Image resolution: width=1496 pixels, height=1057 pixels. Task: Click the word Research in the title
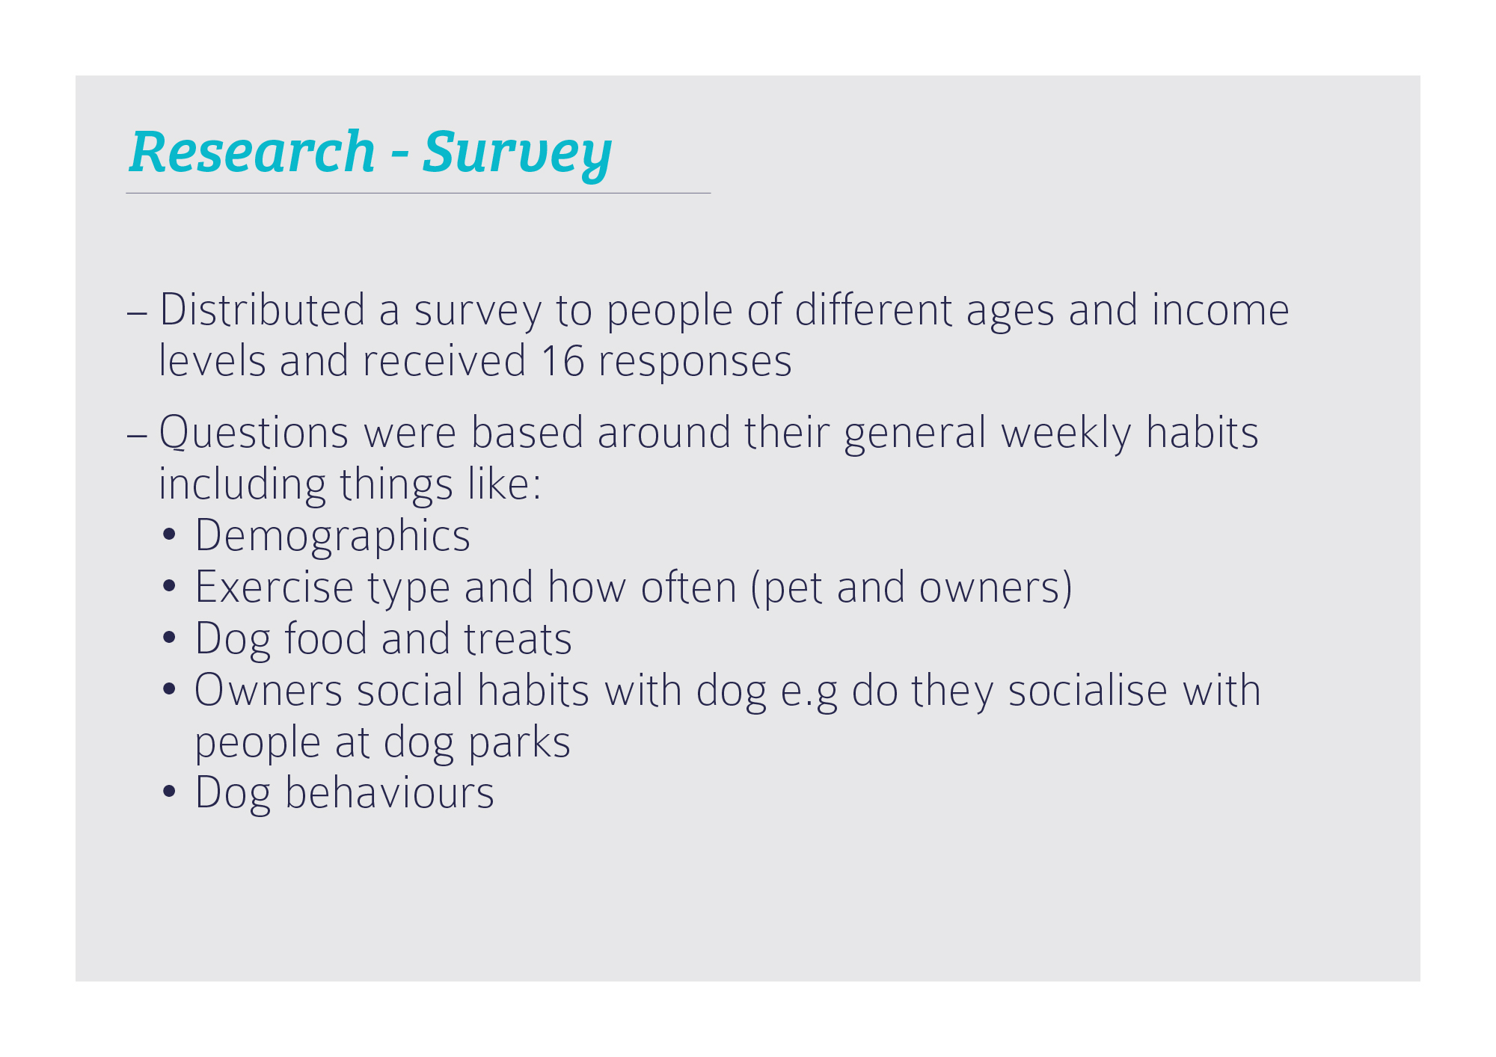click(252, 152)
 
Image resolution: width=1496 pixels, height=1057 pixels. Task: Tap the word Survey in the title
click(517, 155)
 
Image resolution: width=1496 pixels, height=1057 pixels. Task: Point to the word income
click(1221, 309)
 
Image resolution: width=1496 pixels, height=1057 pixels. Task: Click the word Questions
click(254, 433)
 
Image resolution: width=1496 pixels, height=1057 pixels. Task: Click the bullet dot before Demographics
click(169, 535)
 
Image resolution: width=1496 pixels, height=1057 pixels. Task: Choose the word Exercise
click(275, 587)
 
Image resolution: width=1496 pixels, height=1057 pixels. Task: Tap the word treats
click(518, 639)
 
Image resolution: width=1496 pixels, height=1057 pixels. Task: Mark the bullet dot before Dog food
click(169, 638)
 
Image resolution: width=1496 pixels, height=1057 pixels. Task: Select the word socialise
click(1088, 690)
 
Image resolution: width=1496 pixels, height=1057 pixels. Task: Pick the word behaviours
click(390, 792)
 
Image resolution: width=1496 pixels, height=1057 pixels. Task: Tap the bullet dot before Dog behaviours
click(169, 792)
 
